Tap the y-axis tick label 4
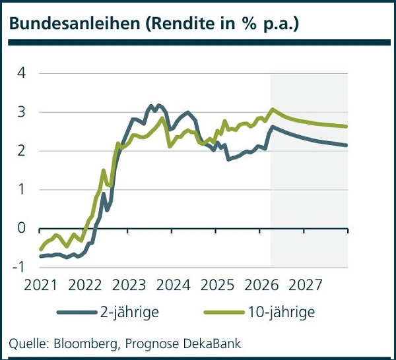[x=21, y=73]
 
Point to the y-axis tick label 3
[x=21, y=112]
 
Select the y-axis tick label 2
[x=21, y=151]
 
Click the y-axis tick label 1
[x=21, y=190]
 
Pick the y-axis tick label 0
[x=21, y=229]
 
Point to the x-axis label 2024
[x=173, y=285]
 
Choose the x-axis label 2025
[x=217, y=285]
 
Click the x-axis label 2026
[x=262, y=285]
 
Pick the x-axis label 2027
[x=306, y=285]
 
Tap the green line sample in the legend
[x=222, y=312]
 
